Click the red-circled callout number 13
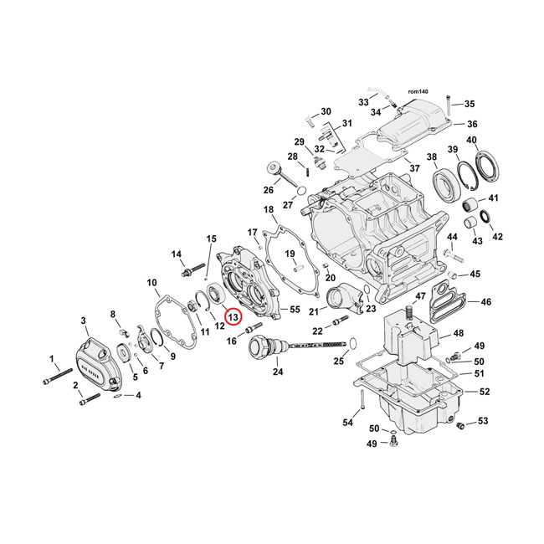[233, 318]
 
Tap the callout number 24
[278, 372]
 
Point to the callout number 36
[472, 124]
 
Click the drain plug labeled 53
[459, 428]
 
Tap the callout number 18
[268, 209]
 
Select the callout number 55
[294, 309]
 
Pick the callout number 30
[326, 112]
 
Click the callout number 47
[419, 295]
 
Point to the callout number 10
[152, 281]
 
